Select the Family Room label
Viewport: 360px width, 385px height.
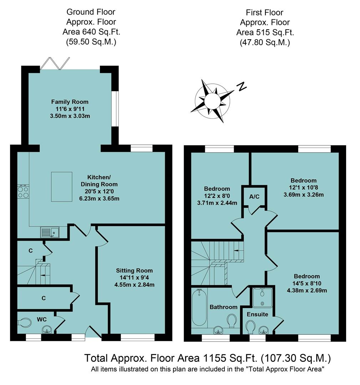(70, 102)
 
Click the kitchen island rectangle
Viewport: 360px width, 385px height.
(61, 186)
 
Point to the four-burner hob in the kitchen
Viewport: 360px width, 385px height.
(24, 192)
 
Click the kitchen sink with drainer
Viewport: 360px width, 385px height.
(50, 232)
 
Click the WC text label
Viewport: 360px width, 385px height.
(42, 319)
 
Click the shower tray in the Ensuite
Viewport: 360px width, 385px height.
(262, 297)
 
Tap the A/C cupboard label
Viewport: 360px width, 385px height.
(254, 196)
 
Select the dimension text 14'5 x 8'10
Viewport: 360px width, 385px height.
(306, 283)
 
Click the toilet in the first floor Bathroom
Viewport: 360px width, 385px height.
(232, 320)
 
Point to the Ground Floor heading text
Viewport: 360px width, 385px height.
(91, 12)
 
